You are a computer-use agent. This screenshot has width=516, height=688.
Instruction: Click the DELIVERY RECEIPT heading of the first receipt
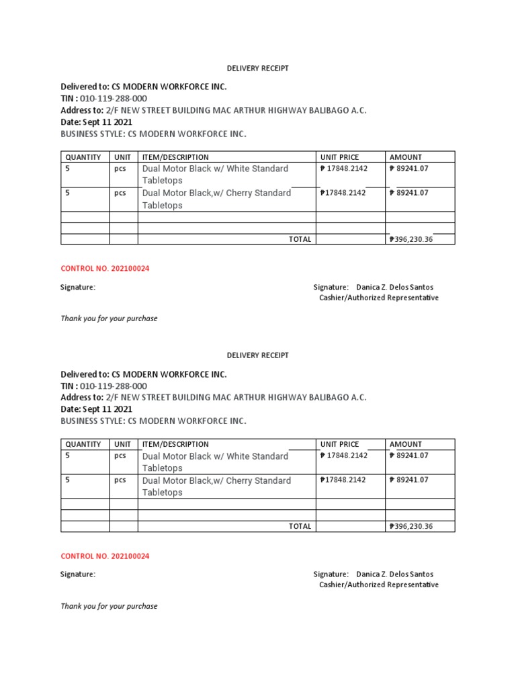tap(257, 68)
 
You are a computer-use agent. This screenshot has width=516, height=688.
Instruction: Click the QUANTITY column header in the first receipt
tap(83, 157)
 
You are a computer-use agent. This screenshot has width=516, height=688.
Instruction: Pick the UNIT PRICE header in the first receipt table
tap(339, 157)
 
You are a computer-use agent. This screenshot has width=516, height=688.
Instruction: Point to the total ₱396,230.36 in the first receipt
tap(411, 239)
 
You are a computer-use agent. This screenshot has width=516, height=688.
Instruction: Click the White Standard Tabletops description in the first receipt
tap(215, 175)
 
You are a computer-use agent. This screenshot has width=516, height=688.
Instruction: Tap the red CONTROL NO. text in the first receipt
tap(105, 269)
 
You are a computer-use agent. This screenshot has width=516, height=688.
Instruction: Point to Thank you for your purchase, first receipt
tap(109, 318)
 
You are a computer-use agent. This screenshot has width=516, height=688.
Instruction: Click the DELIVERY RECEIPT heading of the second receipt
tap(257, 355)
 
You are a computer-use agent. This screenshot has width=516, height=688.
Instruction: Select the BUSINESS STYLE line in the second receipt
tap(153, 421)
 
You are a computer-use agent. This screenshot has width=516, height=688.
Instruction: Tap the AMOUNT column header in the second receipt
tap(406, 444)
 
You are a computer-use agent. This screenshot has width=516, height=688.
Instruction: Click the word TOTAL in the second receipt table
tap(300, 527)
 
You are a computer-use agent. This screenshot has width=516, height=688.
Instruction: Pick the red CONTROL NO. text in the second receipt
tap(105, 556)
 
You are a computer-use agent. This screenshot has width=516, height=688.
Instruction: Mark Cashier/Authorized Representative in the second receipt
tap(378, 585)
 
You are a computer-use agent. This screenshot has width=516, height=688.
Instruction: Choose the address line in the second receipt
tap(213, 398)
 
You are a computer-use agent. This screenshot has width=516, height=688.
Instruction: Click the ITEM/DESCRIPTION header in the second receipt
tap(175, 444)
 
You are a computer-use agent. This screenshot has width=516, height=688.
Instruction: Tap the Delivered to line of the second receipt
tap(144, 374)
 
